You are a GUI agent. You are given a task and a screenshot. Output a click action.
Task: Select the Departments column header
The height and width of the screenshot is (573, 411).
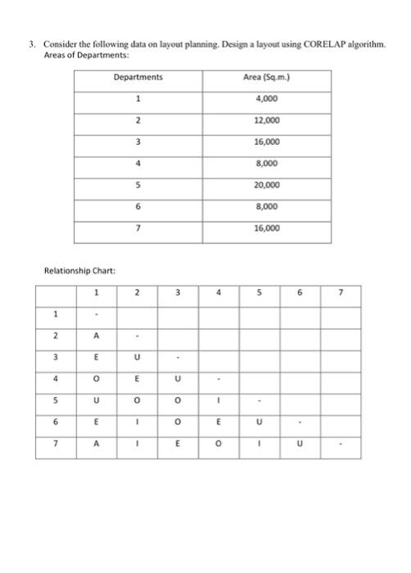coord(138,78)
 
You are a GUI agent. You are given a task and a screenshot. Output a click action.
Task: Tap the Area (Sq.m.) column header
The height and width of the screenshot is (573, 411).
coord(267,78)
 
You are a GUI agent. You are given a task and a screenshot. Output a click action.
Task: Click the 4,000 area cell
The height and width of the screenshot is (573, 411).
coord(267,99)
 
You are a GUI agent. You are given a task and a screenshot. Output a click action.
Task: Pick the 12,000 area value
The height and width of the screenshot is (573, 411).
coord(267,120)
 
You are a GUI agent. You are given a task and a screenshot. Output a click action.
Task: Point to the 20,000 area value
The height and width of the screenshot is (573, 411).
coord(267,185)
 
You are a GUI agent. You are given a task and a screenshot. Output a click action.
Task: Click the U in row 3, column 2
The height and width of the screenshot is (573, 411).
coord(138,356)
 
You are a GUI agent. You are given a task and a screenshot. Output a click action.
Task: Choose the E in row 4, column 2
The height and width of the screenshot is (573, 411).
coord(138,378)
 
